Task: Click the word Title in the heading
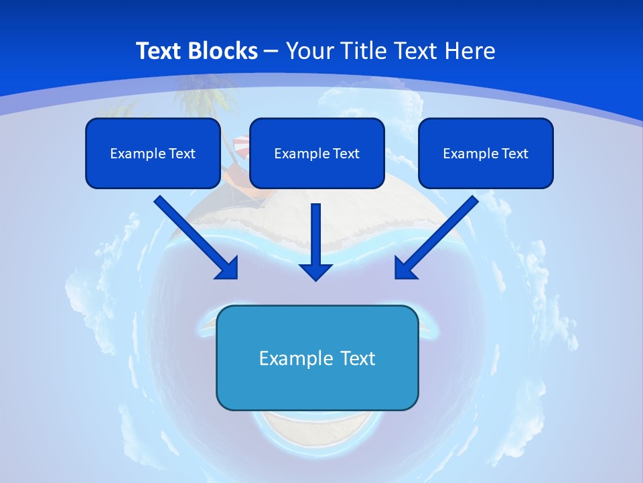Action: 361,51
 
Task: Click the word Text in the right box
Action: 514,154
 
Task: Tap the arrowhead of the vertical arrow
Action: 316,271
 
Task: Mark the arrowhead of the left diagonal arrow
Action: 228,268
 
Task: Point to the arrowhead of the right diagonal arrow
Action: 405,268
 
